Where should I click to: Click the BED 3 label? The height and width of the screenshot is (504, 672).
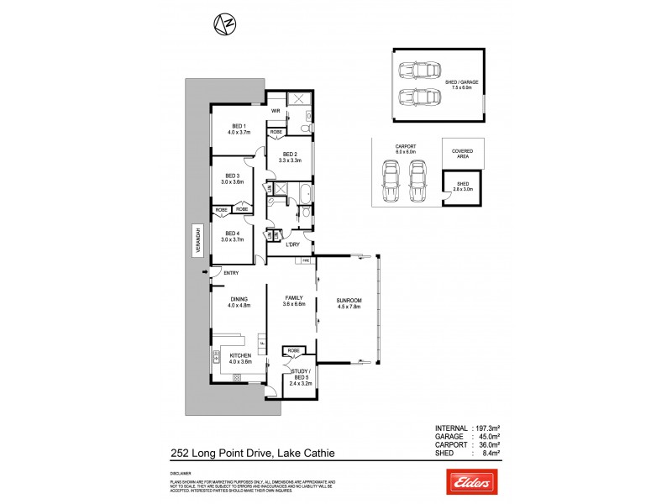(232, 177)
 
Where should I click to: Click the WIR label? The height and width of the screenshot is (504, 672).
(275, 110)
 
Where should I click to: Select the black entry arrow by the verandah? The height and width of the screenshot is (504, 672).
(204, 272)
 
